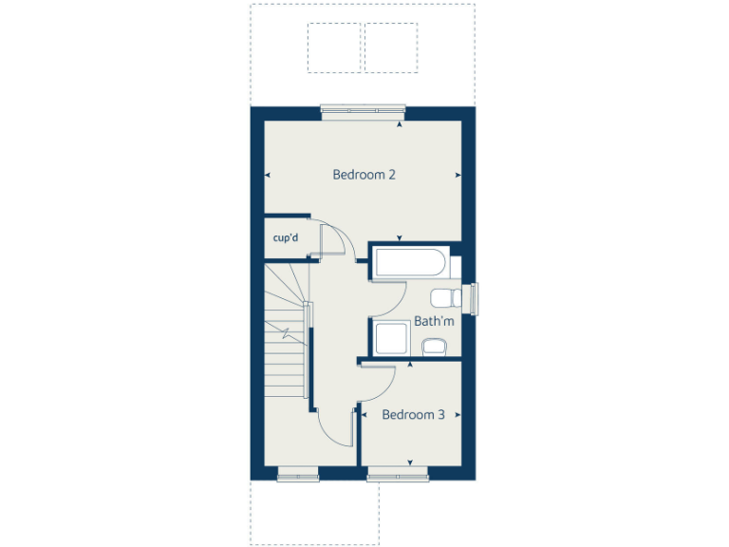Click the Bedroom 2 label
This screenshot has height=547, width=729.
point(364,175)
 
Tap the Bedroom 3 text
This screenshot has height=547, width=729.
point(413,415)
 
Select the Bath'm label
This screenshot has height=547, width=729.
point(434,322)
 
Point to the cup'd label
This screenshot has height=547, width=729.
point(286,237)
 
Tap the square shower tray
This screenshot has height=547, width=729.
point(390,339)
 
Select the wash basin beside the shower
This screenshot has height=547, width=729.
point(433,346)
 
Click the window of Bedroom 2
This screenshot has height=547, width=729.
point(363,111)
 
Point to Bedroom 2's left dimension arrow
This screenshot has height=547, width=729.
point(269,176)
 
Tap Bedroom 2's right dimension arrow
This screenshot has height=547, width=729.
point(458,176)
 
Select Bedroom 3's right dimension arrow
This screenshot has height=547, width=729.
point(458,415)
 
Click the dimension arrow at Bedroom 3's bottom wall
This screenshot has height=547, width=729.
point(410,462)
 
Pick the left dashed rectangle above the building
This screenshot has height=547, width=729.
point(334,47)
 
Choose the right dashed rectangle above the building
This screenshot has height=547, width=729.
point(391,47)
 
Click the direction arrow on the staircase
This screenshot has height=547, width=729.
point(286,331)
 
